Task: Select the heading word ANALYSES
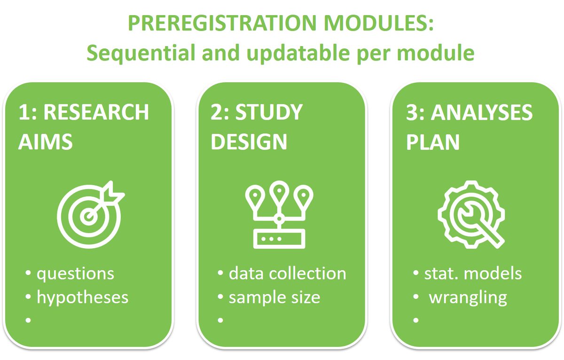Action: coord(482,113)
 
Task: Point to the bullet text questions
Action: coord(75,274)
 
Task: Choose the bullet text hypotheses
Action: coord(82,297)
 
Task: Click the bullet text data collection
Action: coord(287,274)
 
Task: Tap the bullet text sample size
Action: coord(274,297)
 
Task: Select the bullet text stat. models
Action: coord(473,274)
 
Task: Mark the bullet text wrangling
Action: coord(468,297)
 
